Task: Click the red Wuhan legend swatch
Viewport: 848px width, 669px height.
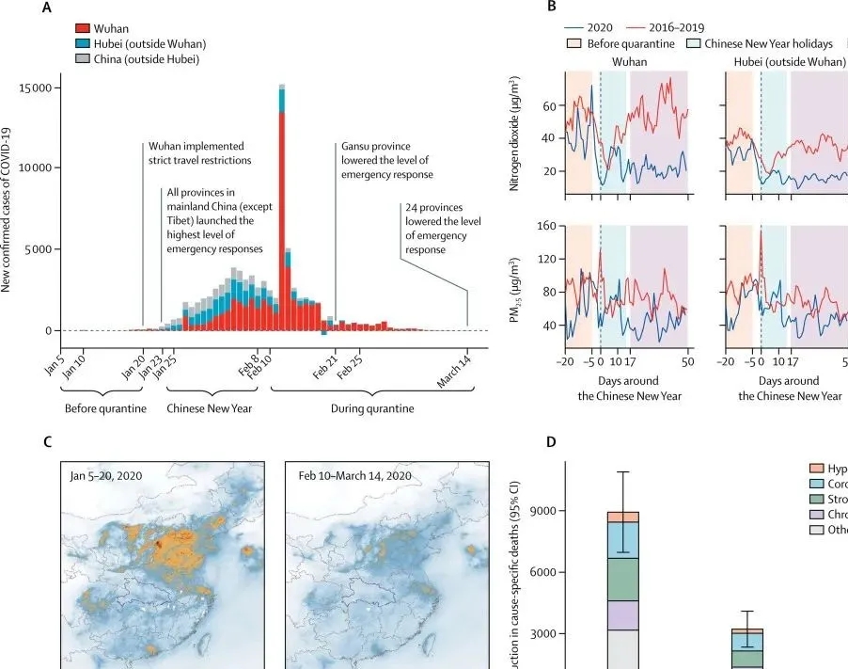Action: pos(84,29)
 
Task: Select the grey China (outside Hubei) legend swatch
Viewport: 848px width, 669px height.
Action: pos(84,60)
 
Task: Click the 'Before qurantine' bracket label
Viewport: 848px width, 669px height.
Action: pos(106,409)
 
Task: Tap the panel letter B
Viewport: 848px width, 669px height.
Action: pos(552,8)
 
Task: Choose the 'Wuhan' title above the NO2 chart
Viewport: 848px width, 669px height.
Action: pos(629,61)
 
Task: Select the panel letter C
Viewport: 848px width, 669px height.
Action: pos(48,441)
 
